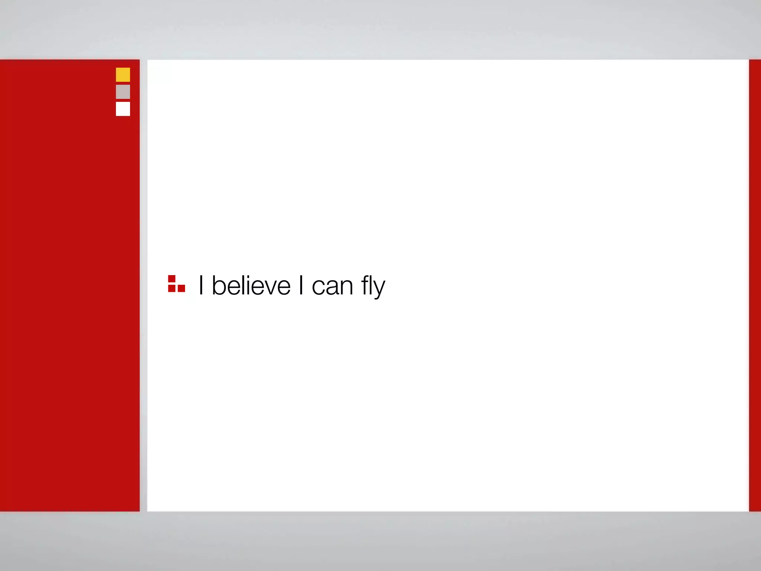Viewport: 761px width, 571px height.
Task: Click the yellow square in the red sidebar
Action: [123, 75]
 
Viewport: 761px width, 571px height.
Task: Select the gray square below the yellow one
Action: [123, 92]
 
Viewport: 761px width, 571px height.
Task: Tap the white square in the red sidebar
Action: [123, 109]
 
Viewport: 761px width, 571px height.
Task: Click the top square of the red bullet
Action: [172, 279]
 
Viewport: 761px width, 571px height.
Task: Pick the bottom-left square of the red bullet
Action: [172, 288]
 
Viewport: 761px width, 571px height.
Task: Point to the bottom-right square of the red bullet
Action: [181, 288]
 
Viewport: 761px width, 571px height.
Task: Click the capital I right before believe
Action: [201, 285]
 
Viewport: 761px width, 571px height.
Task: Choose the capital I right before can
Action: [301, 285]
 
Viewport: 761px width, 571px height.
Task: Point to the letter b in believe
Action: [218, 285]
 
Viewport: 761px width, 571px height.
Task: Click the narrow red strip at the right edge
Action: [755, 285]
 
